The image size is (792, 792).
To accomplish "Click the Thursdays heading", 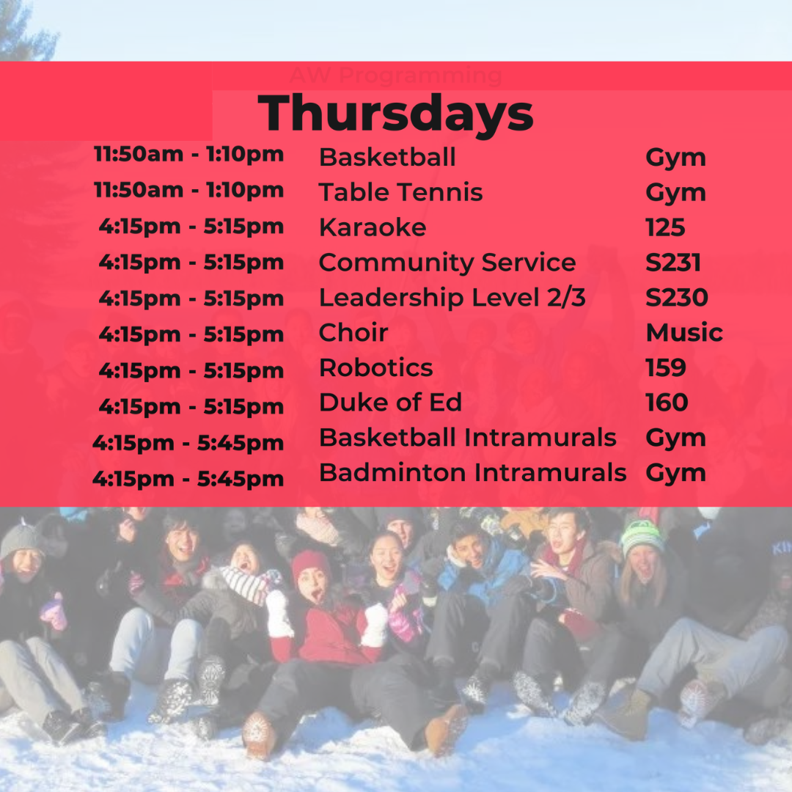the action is (x=395, y=114).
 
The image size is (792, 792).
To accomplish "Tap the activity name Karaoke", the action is (x=373, y=227).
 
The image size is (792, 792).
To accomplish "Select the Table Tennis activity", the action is (x=401, y=192).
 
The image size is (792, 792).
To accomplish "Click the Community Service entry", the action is (x=447, y=263).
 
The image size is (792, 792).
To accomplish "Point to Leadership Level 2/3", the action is (x=452, y=298).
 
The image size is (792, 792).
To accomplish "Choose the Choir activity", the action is (x=353, y=332).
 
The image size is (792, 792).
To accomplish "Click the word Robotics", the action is (x=376, y=367).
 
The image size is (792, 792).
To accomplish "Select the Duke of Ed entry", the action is (x=391, y=403).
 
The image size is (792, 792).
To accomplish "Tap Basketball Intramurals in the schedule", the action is (x=468, y=437).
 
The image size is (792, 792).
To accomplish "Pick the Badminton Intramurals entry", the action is (x=473, y=473).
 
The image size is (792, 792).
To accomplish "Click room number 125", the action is (x=666, y=227).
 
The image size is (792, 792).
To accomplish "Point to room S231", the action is (x=673, y=263).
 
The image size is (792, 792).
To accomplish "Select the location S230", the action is (x=677, y=298).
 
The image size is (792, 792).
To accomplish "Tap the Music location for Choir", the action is (x=684, y=332).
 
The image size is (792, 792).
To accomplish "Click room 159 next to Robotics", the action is (x=666, y=367).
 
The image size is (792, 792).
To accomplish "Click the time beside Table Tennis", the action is (x=189, y=191).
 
